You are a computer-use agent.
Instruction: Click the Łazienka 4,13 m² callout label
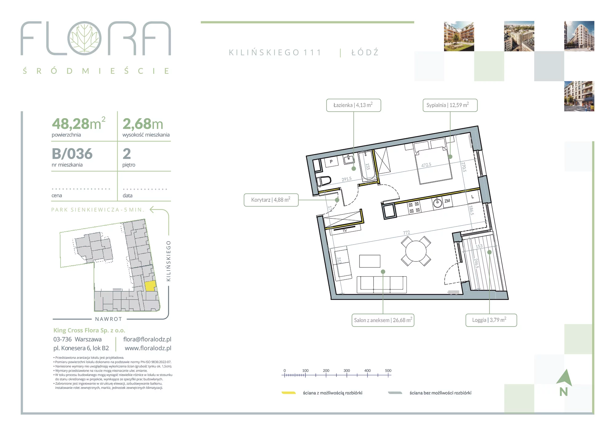coord(354,105)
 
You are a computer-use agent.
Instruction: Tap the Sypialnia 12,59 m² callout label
coord(450,105)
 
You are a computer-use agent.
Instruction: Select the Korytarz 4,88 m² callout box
coord(271,200)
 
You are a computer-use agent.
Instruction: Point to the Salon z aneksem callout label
coord(383,320)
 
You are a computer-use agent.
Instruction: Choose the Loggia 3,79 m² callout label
coord(491,320)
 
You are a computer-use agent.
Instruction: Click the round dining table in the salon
coord(416,251)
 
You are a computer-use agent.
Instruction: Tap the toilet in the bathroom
coord(324,181)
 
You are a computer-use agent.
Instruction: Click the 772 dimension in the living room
coord(407,233)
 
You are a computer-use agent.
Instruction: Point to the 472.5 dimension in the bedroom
coord(426,165)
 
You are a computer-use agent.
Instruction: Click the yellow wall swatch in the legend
coord(289,393)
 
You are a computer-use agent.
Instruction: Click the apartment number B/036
coord(72,154)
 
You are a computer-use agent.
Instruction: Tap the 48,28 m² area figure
coord(79,124)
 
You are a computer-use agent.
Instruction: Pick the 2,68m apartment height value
coord(143,124)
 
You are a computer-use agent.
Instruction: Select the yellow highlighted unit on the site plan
coord(150,286)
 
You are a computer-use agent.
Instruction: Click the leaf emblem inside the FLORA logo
coord(84,38)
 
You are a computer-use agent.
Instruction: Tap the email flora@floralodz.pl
coord(147,339)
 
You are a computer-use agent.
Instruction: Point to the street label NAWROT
coord(109,319)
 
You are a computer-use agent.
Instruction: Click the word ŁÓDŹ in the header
coord(365,53)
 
